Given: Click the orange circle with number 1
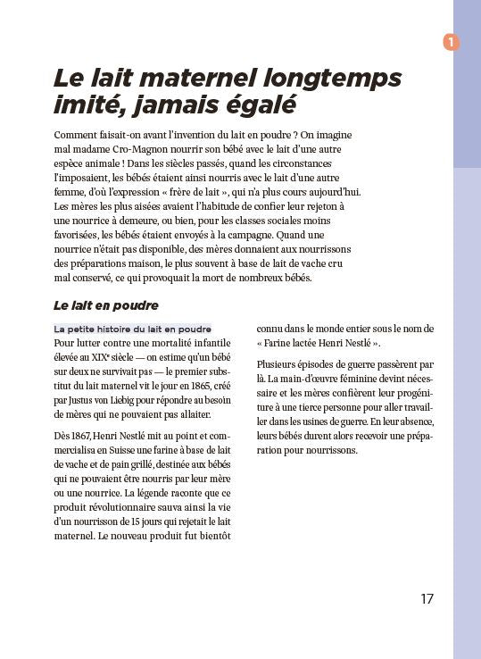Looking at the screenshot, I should [x=451, y=41].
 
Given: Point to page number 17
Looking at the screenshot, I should [x=427, y=598].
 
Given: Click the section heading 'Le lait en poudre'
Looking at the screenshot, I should [x=105, y=304].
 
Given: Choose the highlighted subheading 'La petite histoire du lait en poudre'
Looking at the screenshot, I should [x=133, y=329].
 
